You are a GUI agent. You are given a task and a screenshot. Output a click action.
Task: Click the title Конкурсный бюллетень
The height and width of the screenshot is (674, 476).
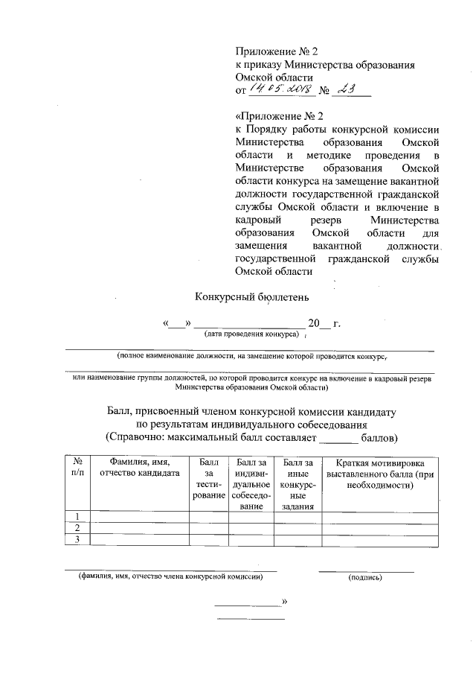pyautogui.click(x=238, y=296)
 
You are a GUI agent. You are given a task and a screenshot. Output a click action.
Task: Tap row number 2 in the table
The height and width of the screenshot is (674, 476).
pyautogui.click(x=77, y=528)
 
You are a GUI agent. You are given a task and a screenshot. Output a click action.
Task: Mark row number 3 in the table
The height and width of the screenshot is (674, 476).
pyautogui.click(x=77, y=539)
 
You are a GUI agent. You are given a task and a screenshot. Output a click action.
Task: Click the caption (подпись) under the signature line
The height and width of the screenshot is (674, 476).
pyautogui.click(x=364, y=577)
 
